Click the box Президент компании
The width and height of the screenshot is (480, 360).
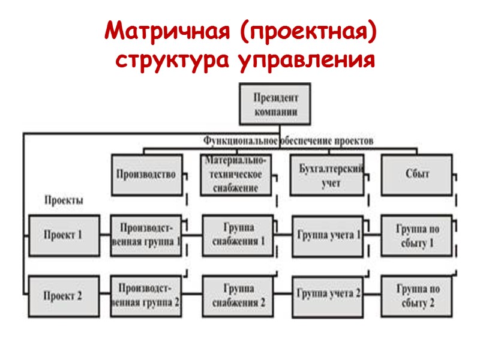point(276,104)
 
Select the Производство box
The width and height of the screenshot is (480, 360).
point(146,175)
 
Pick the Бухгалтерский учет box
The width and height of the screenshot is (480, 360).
point(327,175)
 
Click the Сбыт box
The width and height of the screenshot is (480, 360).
point(417,175)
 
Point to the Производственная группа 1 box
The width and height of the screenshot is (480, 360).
point(146,235)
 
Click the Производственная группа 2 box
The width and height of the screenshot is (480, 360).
point(146,295)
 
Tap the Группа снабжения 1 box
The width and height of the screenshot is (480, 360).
point(237,235)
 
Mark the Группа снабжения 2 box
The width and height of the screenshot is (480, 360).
point(237,295)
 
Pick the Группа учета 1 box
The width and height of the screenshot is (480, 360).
point(327,235)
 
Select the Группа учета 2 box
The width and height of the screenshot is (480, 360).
point(327,294)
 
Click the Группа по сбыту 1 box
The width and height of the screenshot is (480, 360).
point(417,235)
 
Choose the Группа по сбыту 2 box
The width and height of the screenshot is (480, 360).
point(417,295)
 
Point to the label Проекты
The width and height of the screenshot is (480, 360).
point(64,200)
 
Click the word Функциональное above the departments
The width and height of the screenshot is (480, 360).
point(240,140)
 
